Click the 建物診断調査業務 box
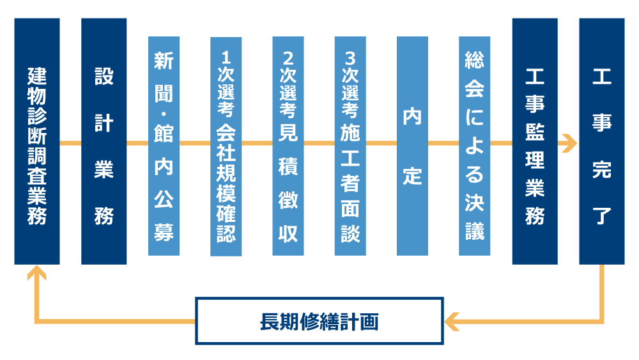click(x=37, y=141)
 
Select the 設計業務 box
click(x=104, y=141)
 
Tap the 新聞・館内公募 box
click(x=164, y=146)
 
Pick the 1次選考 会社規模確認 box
click(x=226, y=146)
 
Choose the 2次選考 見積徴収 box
click(x=288, y=146)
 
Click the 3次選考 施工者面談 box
click(x=350, y=146)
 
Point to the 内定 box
click(x=412, y=146)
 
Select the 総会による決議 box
click(x=474, y=146)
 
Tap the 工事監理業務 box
click(x=535, y=141)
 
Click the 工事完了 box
click(x=602, y=141)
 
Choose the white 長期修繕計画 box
click(x=319, y=321)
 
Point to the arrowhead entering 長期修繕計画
click(x=451, y=321)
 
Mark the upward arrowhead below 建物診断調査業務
click(x=37, y=273)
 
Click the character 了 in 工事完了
click(x=602, y=215)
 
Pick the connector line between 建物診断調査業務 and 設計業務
click(x=70, y=143)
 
